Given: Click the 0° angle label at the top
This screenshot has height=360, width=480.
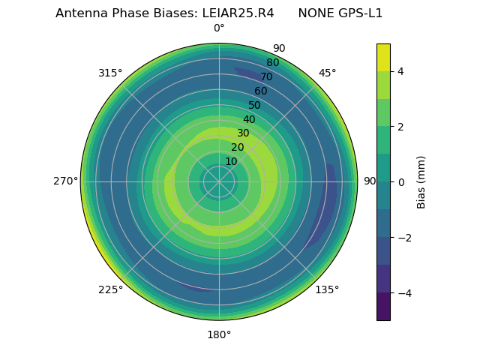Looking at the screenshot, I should click(x=219, y=28).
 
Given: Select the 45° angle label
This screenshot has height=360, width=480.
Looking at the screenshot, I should click(x=327, y=73).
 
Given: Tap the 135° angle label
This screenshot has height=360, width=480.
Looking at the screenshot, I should click(x=327, y=289).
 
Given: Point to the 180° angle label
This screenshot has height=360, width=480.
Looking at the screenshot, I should click(x=219, y=334).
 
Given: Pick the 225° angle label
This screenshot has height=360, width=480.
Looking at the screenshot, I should click(x=110, y=289).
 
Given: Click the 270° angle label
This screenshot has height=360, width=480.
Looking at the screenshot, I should click(x=65, y=181).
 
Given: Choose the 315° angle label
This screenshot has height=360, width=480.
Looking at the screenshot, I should click(x=110, y=73).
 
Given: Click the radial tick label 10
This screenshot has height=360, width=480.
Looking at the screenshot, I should click(x=231, y=161).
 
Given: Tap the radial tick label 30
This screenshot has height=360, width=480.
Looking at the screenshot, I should click(x=243, y=133).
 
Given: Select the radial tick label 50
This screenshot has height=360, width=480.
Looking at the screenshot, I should click(x=254, y=106).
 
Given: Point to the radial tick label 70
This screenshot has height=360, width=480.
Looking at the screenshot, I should click(x=266, y=77).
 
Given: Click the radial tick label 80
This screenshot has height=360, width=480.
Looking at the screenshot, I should click(x=272, y=63).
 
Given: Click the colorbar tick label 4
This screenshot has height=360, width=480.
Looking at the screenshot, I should click(x=401, y=71).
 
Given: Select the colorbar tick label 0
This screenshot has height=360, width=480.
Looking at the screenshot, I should click(x=401, y=182).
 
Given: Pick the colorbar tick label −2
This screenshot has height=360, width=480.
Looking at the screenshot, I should click(x=403, y=238).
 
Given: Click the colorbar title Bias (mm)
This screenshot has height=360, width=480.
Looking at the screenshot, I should click(x=421, y=182).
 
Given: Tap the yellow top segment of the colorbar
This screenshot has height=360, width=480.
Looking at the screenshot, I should click(x=383, y=57).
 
